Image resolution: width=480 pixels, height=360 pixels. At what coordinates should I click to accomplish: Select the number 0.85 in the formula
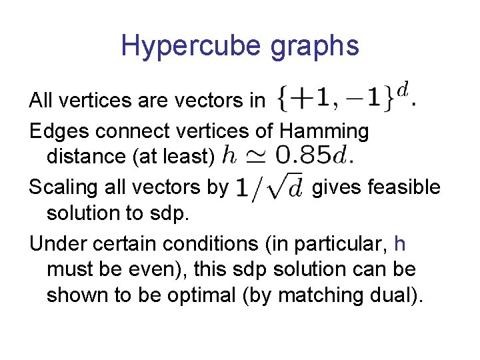(x=303, y=155)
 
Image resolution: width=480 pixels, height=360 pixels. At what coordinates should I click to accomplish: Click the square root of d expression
(x=269, y=187)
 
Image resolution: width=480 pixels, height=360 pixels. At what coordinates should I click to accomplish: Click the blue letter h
(x=400, y=243)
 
